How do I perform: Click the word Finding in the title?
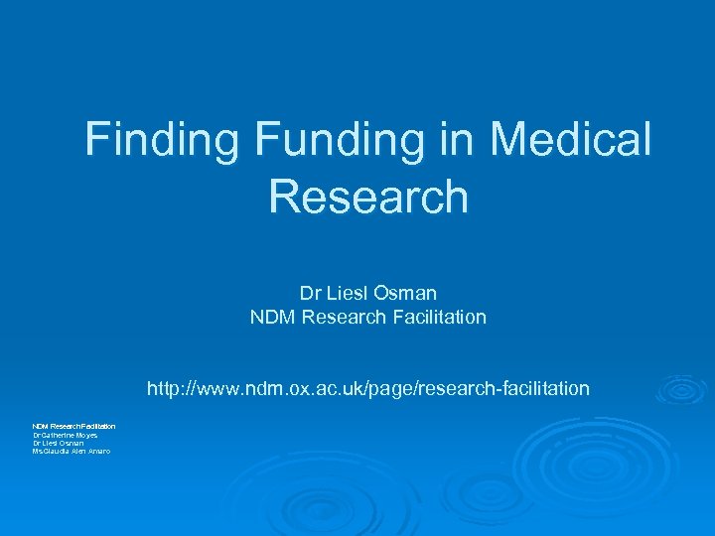point(162,139)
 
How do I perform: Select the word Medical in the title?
point(571,139)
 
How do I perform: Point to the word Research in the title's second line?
point(367,196)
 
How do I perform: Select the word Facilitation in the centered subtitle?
point(438,318)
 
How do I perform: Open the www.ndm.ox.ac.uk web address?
point(367,388)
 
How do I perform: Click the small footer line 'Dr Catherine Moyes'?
point(66,435)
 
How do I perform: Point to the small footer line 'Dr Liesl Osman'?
point(60,443)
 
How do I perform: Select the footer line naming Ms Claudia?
point(71,452)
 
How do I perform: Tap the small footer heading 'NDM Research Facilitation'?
point(73,426)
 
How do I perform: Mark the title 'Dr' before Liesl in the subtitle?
point(309,294)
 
